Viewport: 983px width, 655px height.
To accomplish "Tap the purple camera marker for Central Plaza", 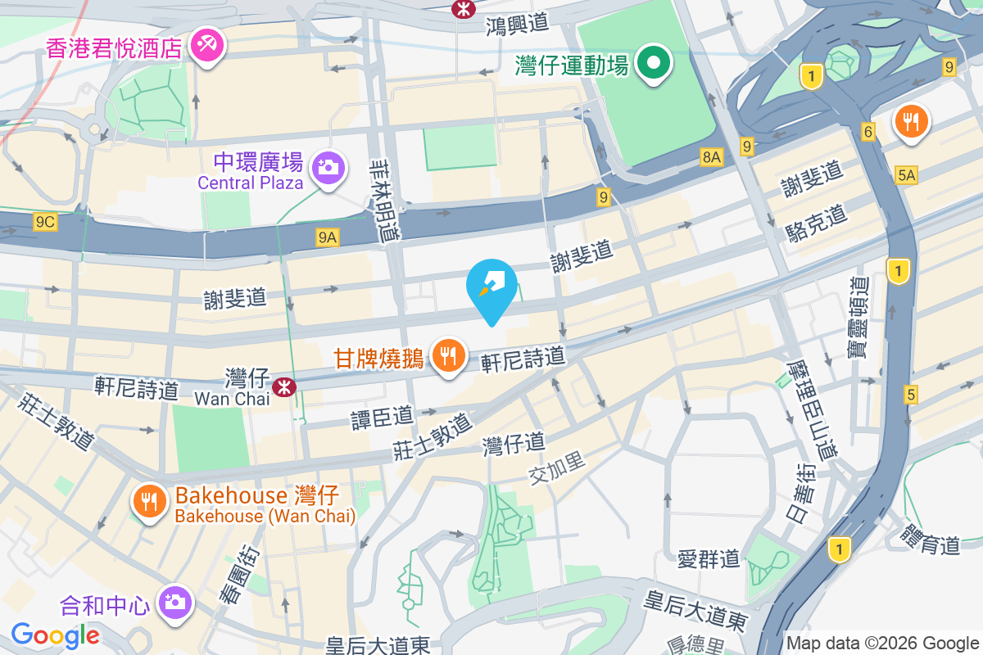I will tap(328, 167).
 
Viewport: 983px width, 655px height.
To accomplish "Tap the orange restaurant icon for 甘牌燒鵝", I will tap(448, 356).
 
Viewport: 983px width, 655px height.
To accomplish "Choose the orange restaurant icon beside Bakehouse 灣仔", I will tap(149, 502).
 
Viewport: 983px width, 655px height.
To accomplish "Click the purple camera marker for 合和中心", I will tap(174, 603).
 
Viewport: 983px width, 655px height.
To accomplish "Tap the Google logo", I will tap(55, 635).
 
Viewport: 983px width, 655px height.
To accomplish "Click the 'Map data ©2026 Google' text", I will tap(882, 643).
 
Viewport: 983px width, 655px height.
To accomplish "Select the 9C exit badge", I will tap(45, 222).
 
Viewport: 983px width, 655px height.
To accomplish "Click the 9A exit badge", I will tap(328, 237).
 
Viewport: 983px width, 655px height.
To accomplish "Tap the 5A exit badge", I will tap(906, 174).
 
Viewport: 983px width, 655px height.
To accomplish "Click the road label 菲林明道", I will tap(383, 199).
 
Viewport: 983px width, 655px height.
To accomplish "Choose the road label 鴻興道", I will tap(516, 24).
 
